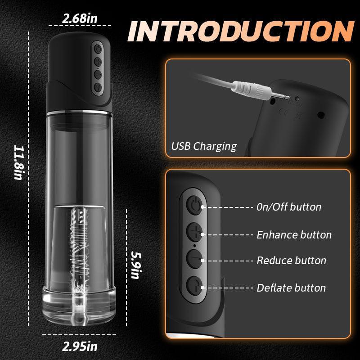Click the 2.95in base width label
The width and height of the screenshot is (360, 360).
(80, 346)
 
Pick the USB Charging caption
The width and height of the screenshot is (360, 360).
(204, 146)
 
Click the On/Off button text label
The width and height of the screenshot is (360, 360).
(289, 207)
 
